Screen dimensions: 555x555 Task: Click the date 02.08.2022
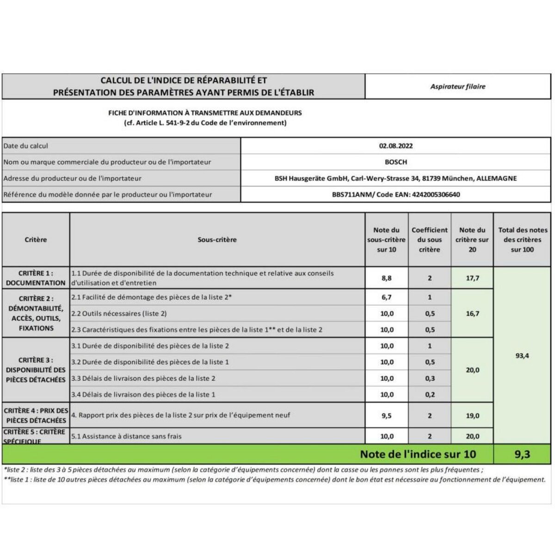point(396,146)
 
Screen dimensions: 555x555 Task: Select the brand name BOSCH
point(396,162)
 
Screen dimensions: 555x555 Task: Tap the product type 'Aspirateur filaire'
point(458,86)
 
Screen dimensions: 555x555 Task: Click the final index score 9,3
point(522,454)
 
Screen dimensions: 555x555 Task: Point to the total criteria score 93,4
point(522,356)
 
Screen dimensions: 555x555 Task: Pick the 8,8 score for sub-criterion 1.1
point(387,278)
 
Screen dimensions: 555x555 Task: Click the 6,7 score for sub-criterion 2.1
point(387,297)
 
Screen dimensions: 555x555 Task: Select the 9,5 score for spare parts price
point(387,415)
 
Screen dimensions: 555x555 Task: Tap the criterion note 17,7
point(472,278)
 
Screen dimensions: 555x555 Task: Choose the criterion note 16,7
point(472,314)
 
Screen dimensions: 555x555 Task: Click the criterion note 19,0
point(472,415)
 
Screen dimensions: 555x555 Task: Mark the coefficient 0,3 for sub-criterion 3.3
point(430,378)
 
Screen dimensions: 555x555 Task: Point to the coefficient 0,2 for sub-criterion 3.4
point(430,395)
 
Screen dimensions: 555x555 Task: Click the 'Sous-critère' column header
point(217,240)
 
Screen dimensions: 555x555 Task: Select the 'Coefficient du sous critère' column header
point(430,240)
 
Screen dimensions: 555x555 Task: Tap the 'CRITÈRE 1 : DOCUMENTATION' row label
point(36,278)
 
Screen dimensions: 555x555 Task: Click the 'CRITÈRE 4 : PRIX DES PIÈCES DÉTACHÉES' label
point(36,415)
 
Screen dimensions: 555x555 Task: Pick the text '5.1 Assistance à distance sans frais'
point(126,436)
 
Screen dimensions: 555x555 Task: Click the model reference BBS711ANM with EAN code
point(396,194)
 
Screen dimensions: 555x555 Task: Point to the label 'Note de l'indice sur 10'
point(418,454)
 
